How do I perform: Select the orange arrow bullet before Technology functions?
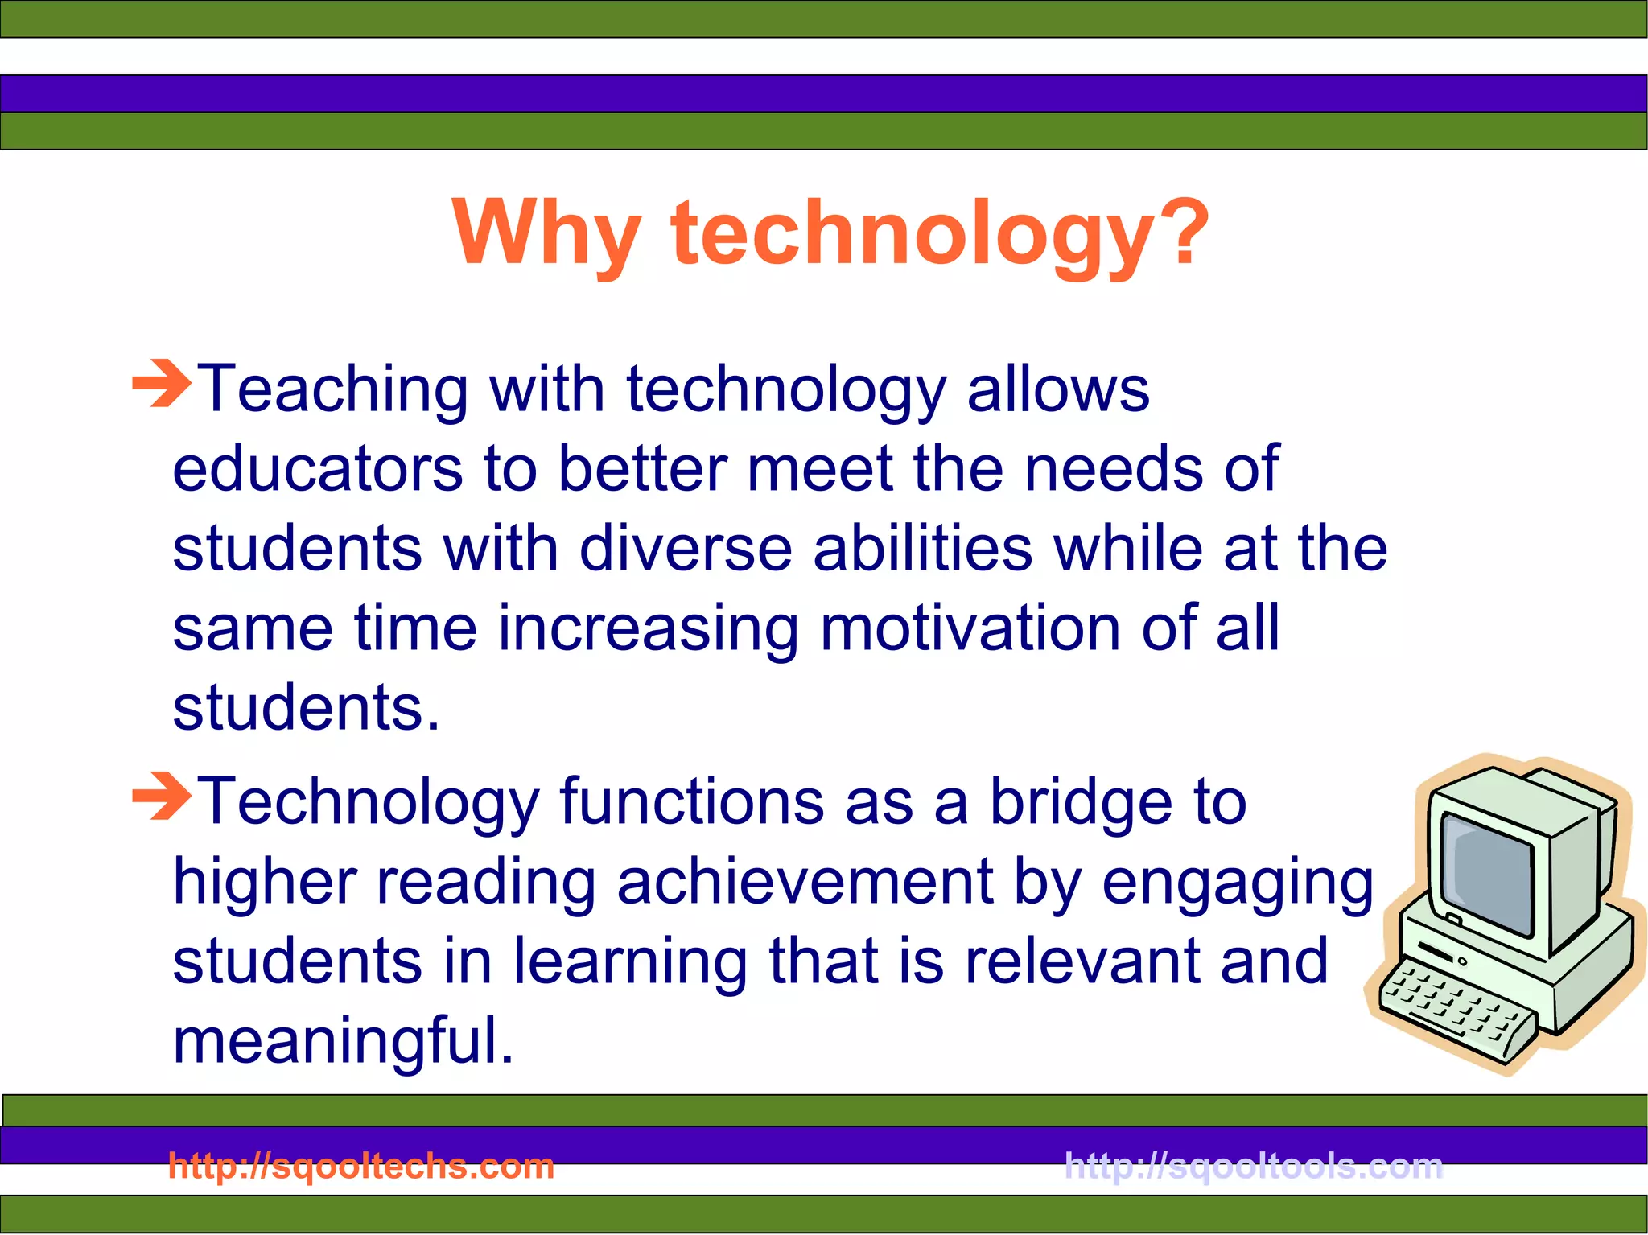tap(162, 797)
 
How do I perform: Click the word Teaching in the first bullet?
tap(333, 389)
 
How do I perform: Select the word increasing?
tap(648, 628)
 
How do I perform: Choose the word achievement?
tap(805, 882)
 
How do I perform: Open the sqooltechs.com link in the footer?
tap(361, 1166)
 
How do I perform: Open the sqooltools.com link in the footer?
tap(1254, 1166)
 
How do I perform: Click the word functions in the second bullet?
tap(692, 801)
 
